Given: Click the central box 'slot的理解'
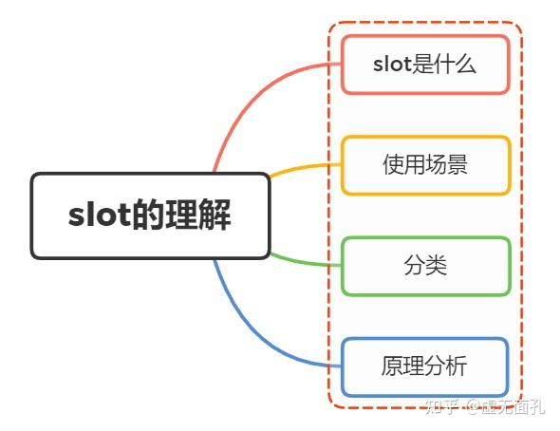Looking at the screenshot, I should point(150,215).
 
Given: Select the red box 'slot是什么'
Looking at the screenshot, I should point(425,65).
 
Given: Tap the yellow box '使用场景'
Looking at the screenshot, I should point(425,165).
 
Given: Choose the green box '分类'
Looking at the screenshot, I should point(425,266).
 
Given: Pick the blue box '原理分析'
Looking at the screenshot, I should point(425,366).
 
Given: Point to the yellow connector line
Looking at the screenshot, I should point(304,167).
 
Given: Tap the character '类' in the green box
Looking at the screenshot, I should point(437,266).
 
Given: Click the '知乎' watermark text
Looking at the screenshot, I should point(442,407).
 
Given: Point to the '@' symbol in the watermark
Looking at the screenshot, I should point(471,407).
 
